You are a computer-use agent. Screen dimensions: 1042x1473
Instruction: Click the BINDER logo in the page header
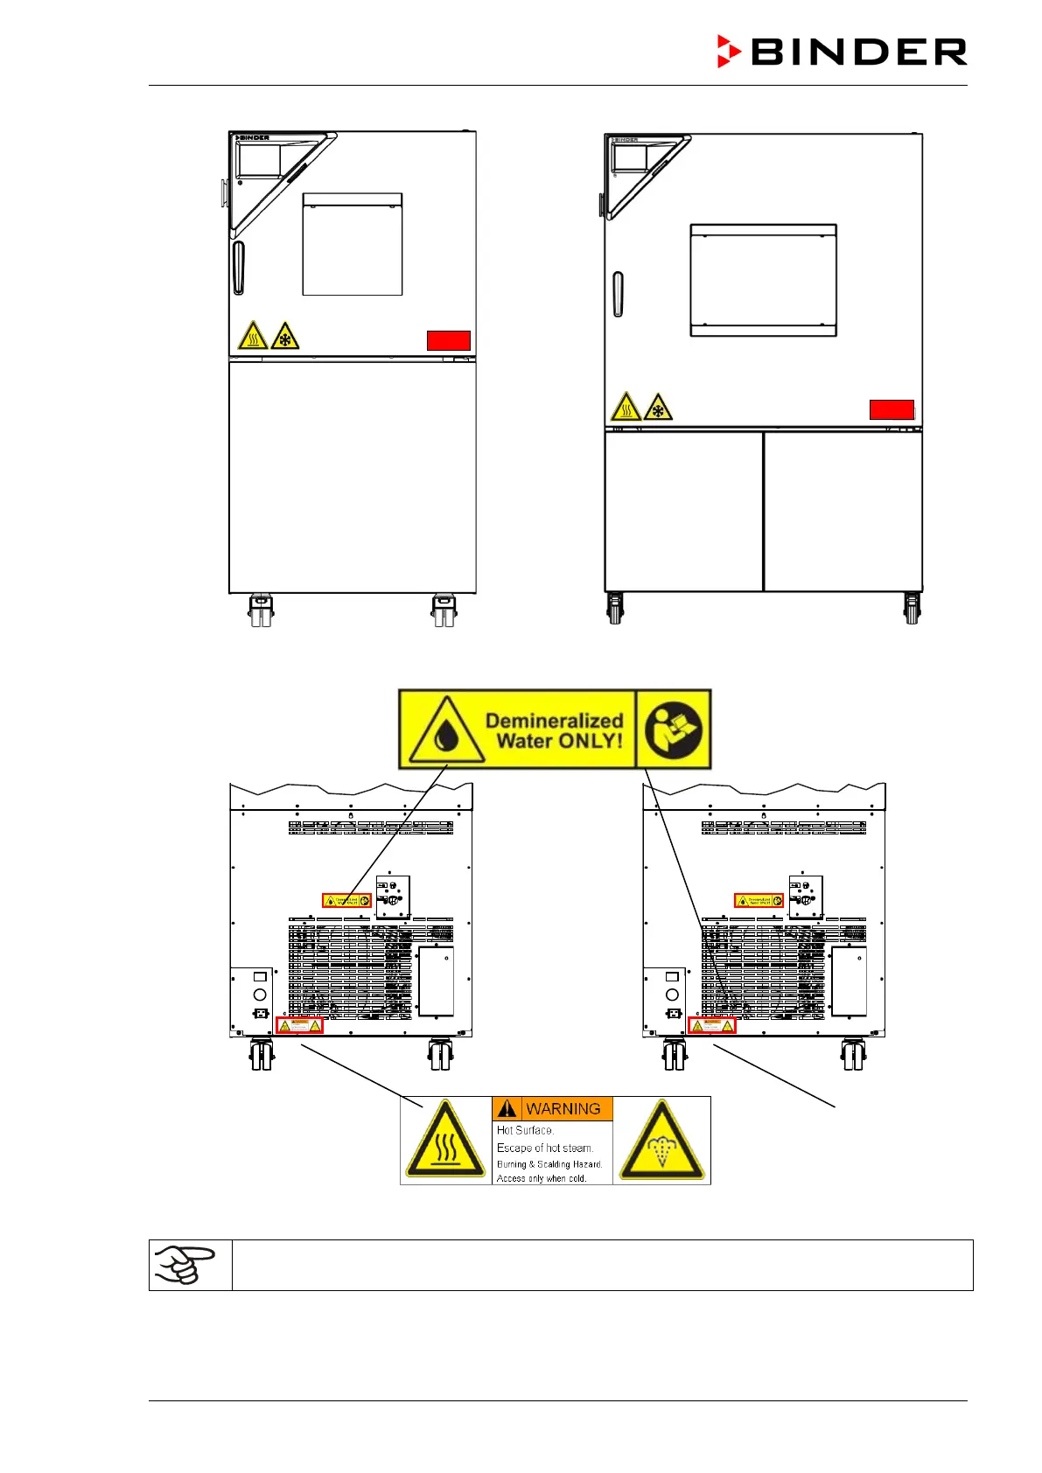pyautogui.click(x=842, y=52)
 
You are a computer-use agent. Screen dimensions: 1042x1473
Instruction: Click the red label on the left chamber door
pyautogui.click(x=449, y=340)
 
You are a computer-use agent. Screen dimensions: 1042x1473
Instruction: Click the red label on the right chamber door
pyautogui.click(x=892, y=409)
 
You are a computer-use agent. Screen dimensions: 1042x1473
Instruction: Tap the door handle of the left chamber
pyautogui.click(x=239, y=268)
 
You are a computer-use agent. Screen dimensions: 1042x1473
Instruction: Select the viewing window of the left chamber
pyautogui.click(x=353, y=245)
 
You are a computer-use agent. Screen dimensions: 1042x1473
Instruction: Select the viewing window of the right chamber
pyautogui.click(x=763, y=280)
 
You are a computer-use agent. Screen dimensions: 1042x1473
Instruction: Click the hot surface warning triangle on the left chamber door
pyautogui.click(x=253, y=336)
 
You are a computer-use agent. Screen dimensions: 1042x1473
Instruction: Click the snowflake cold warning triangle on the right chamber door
pyautogui.click(x=658, y=408)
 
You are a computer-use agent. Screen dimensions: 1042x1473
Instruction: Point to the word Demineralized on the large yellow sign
pyautogui.click(x=554, y=721)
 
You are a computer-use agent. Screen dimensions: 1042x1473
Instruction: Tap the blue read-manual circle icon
pyautogui.click(x=673, y=730)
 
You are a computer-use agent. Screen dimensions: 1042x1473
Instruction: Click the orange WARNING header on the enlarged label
pyautogui.click(x=552, y=1108)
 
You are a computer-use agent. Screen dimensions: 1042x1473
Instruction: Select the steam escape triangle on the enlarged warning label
pyautogui.click(x=661, y=1142)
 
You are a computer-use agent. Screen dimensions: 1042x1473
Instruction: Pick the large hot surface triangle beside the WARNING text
pyautogui.click(x=445, y=1141)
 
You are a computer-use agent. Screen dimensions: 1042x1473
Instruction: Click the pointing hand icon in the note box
pyautogui.click(x=185, y=1264)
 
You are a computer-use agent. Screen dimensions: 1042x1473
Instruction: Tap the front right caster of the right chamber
pyautogui.click(x=912, y=609)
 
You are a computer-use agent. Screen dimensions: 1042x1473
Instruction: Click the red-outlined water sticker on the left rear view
pyautogui.click(x=346, y=900)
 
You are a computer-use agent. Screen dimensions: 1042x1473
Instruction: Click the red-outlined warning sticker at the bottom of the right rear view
pyautogui.click(x=712, y=1025)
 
